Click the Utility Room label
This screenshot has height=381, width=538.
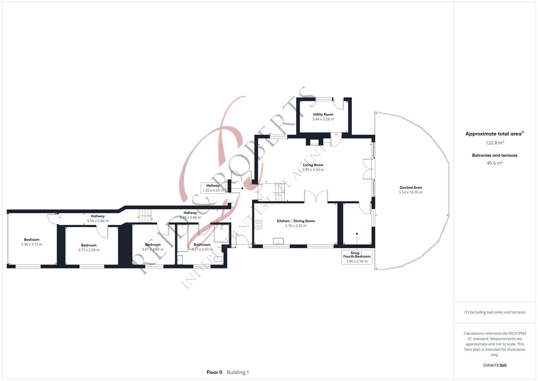[323, 114]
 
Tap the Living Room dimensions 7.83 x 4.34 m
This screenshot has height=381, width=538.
[313, 170]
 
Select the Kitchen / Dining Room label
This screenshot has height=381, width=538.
[296, 221]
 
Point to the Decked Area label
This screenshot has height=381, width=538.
[410, 188]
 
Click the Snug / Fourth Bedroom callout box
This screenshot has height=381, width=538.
[357, 257]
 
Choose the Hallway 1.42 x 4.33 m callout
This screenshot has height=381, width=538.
[213, 188]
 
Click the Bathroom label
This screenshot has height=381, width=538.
[202, 244]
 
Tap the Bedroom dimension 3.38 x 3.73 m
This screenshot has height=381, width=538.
[31, 244]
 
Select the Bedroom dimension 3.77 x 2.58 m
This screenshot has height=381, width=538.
[89, 250]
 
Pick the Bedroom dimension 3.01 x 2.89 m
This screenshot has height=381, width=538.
[153, 249]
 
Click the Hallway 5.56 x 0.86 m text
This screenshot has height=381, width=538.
[98, 221]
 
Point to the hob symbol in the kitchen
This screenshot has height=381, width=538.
[258, 224]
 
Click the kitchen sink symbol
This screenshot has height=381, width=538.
[278, 241]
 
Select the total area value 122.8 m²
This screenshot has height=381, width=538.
[495, 143]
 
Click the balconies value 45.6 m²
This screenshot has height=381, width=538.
[495, 163]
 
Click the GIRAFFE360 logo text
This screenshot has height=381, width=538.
[494, 365]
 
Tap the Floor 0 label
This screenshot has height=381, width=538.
[214, 372]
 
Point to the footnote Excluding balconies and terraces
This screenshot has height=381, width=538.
[495, 312]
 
